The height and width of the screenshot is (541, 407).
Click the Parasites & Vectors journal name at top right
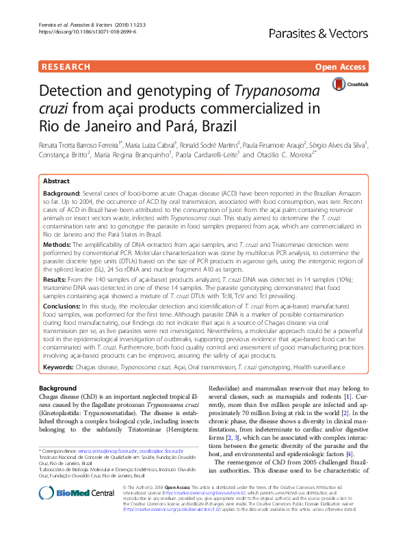click(x=334, y=31)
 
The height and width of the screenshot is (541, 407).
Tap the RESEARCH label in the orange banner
click(x=66, y=67)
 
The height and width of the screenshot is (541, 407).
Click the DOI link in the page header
click(x=78, y=31)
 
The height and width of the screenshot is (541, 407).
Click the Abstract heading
click(x=56, y=181)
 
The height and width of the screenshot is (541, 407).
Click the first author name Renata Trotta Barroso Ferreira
click(x=81, y=144)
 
